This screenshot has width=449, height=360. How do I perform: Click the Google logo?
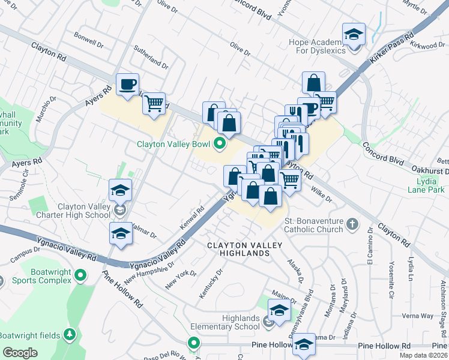20,352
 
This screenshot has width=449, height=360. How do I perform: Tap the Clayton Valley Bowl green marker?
220,143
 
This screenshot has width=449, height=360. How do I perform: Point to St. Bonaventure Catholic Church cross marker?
352,224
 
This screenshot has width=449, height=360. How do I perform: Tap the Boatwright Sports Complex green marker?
81,275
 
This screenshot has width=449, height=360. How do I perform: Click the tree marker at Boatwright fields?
70,334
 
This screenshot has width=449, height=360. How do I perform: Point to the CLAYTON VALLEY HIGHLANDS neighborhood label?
238,250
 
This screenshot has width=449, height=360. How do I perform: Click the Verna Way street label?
418,316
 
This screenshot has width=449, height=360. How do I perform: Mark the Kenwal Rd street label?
192,219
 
